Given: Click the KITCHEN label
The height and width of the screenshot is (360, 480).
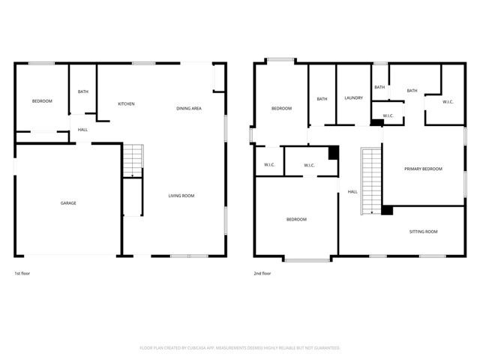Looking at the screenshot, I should [126, 103].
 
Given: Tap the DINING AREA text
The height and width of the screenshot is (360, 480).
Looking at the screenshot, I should [188, 109].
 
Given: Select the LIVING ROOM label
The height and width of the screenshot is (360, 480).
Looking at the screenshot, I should [181, 196].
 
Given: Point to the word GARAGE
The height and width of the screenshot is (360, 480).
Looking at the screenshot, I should [68, 203].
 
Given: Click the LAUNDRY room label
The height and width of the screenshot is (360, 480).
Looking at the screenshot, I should [354, 98].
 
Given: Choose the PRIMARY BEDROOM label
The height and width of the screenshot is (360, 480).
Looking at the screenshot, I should [423, 169].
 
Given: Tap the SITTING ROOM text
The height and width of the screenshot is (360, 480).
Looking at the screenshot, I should [423, 232].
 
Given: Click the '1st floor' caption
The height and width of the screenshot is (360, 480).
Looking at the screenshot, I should [23, 274].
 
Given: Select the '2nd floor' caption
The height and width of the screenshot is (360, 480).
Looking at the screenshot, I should [262, 274].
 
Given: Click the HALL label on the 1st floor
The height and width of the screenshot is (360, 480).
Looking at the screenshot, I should [82, 130].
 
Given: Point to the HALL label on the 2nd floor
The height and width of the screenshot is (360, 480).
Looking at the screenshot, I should [352, 192].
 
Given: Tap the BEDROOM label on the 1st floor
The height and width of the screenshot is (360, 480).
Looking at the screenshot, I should [42, 101].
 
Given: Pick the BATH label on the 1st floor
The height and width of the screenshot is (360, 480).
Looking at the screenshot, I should [82, 92].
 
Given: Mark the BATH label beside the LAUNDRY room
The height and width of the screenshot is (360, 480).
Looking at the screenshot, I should [322, 99].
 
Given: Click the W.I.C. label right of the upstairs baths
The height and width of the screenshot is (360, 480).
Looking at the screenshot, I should [448, 102].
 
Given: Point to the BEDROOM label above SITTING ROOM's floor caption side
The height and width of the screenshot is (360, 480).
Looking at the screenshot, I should [296, 219].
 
